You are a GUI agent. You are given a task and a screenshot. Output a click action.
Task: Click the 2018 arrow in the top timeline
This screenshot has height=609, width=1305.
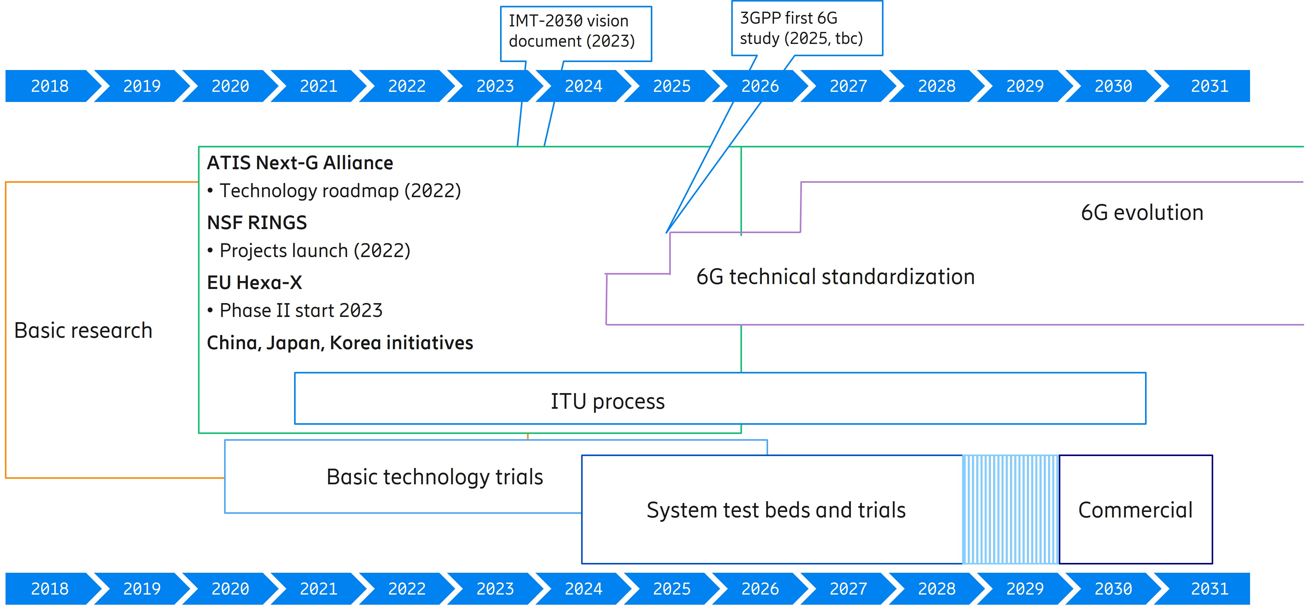pos(50,86)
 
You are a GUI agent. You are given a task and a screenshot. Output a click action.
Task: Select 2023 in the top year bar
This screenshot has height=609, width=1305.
pos(495,86)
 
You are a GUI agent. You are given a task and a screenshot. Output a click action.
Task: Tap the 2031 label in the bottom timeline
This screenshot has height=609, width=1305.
pos(1209,589)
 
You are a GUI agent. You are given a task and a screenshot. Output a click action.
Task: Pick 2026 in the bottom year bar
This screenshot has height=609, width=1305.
pos(759,589)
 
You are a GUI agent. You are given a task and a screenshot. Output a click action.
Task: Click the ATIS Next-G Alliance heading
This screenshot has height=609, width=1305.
pos(300,163)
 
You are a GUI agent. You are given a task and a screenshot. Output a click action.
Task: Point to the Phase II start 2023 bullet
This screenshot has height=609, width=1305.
pos(295,310)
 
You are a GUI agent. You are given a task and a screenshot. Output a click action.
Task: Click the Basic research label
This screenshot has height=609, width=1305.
pos(83,330)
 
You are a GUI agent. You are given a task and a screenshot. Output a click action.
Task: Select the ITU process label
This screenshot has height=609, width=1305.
pos(608,401)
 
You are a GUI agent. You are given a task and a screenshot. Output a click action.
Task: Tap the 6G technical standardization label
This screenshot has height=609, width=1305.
pos(835,277)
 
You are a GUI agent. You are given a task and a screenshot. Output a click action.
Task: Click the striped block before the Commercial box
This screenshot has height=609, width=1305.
pos(1010,509)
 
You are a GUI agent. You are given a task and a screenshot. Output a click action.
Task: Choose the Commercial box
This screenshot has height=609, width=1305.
pos(1135,510)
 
